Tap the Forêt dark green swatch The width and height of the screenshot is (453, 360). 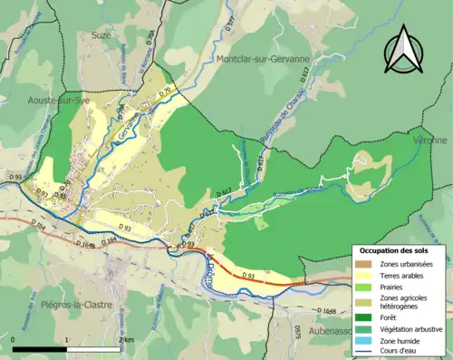[361, 317]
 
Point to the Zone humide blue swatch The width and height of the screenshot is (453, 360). [361, 340]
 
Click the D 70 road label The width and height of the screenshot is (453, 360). [164, 92]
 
